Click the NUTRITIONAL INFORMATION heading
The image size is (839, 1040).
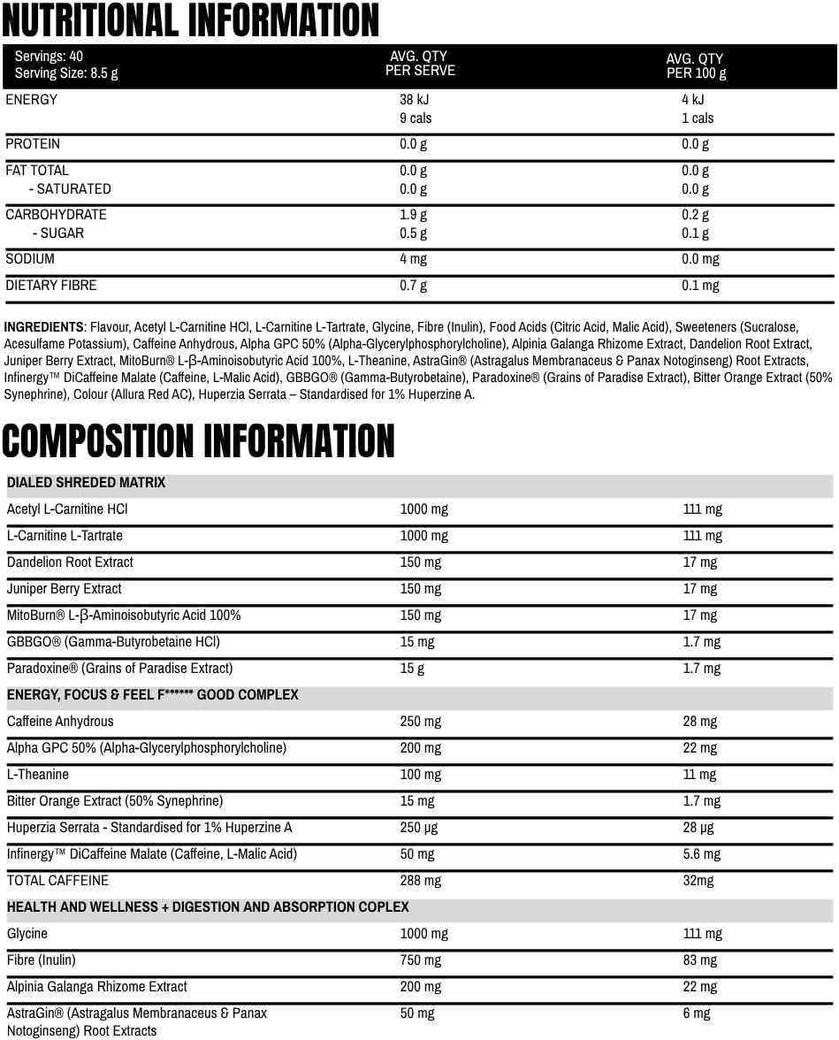190,20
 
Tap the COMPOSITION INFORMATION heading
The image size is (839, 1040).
198,440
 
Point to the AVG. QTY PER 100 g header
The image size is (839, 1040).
696,66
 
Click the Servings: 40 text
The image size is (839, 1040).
49,57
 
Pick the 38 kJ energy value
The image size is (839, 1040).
415,100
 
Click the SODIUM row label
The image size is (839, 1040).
30,259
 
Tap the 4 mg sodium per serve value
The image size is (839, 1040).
414,259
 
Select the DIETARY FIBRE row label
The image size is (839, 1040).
51,286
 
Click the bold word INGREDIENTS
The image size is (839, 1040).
44,326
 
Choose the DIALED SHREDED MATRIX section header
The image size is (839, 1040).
86,483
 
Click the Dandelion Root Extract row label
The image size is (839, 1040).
70,562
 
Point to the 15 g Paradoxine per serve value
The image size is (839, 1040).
412,669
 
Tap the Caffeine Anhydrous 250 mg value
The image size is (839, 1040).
420,722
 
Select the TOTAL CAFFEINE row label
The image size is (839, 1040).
57,881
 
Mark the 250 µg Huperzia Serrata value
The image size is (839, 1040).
419,828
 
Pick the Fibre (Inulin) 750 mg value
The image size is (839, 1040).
420,960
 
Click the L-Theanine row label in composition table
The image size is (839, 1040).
37,775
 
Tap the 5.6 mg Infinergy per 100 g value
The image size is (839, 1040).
701,854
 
